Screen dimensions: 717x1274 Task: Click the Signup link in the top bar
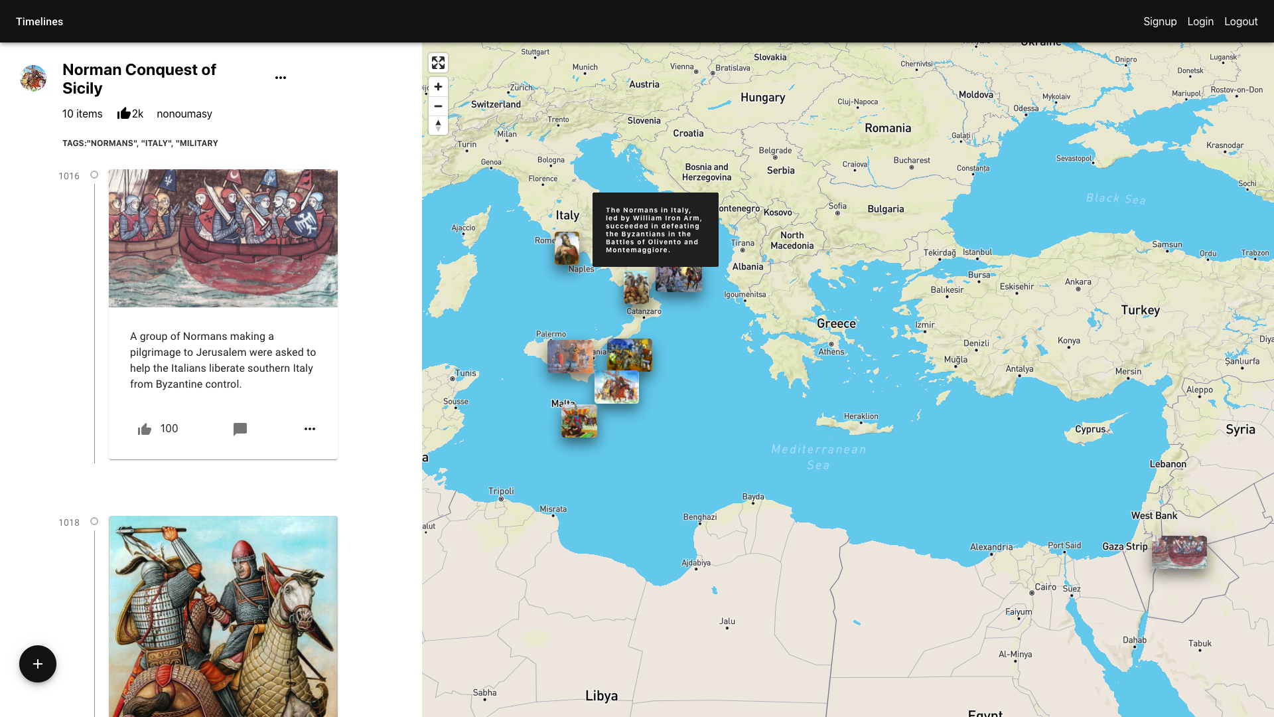[1159, 21]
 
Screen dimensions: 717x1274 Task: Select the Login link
[1200, 21]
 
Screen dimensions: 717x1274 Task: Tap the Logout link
[1240, 21]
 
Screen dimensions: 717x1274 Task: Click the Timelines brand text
[39, 21]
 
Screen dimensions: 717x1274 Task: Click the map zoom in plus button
[438, 87]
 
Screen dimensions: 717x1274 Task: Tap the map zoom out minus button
[438, 106]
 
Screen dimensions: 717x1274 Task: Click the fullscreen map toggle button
[438, 62]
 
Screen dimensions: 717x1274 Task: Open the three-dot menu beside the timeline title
[281, 78]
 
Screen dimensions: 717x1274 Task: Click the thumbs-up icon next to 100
[145, 430]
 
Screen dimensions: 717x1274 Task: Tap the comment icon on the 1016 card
[240, 429]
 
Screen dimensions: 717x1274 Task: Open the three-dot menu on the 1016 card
[310, 429]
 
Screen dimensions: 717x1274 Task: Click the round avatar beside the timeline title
[33, 78]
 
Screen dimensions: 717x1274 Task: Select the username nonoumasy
[184, 114]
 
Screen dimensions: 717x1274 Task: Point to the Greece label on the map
[836, 323]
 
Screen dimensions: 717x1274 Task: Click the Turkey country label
[1140, 310]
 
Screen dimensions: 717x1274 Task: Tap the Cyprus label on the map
[1090, 429]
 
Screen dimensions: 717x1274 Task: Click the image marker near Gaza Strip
[1179, 552]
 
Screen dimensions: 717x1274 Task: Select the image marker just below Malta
[579, 422]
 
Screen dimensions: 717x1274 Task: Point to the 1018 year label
[69, 522]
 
